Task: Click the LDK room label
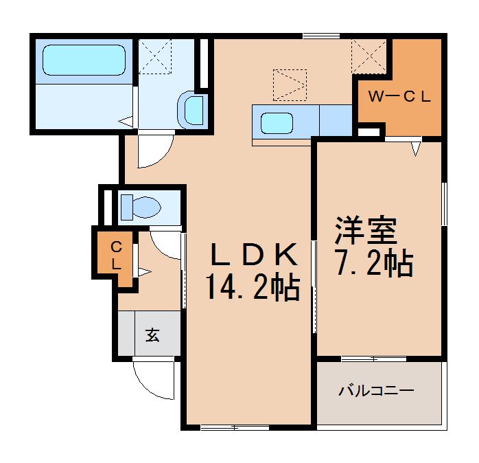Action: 253,256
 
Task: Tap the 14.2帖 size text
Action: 252,288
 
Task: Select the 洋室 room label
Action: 366,232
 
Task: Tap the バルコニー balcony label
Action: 376,392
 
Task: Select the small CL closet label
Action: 117,253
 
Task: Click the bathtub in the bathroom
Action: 84,60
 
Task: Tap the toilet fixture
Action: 141,206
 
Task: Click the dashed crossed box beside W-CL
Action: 369,55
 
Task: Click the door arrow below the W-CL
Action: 416,148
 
